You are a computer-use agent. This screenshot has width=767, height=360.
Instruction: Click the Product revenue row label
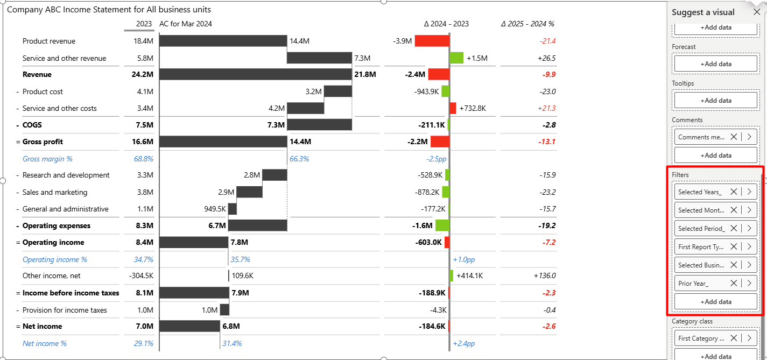coord(49,41)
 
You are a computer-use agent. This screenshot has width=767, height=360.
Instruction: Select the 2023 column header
coord(144,24)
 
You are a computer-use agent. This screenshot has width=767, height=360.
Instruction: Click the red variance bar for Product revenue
coord(432,41)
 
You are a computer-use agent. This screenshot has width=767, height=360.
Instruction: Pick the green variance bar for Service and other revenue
coord(456,58)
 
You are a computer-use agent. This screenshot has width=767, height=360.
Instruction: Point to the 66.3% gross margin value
coord(299,159)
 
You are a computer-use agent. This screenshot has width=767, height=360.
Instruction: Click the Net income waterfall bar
coord(189,326)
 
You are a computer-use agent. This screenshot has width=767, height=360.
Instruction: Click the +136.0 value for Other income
coord(545,276)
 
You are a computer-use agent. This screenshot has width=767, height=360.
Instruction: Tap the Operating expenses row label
coord(57,226)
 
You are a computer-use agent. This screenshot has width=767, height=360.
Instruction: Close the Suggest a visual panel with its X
coord(757,12)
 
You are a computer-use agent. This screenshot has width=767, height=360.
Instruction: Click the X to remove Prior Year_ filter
coord(734,284)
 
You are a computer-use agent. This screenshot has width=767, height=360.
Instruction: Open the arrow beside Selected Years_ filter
coord(749,192)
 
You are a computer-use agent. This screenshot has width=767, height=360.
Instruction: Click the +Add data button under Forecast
coord(715,64)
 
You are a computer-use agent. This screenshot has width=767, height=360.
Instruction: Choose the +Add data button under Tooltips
coord(715,101)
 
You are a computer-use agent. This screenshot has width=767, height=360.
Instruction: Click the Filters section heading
coord(680,175)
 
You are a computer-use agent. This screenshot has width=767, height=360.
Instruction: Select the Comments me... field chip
coord(701,137)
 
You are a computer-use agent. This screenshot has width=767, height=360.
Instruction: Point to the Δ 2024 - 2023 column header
coord(446,24)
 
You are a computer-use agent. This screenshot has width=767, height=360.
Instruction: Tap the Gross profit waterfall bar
coord(223,142)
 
